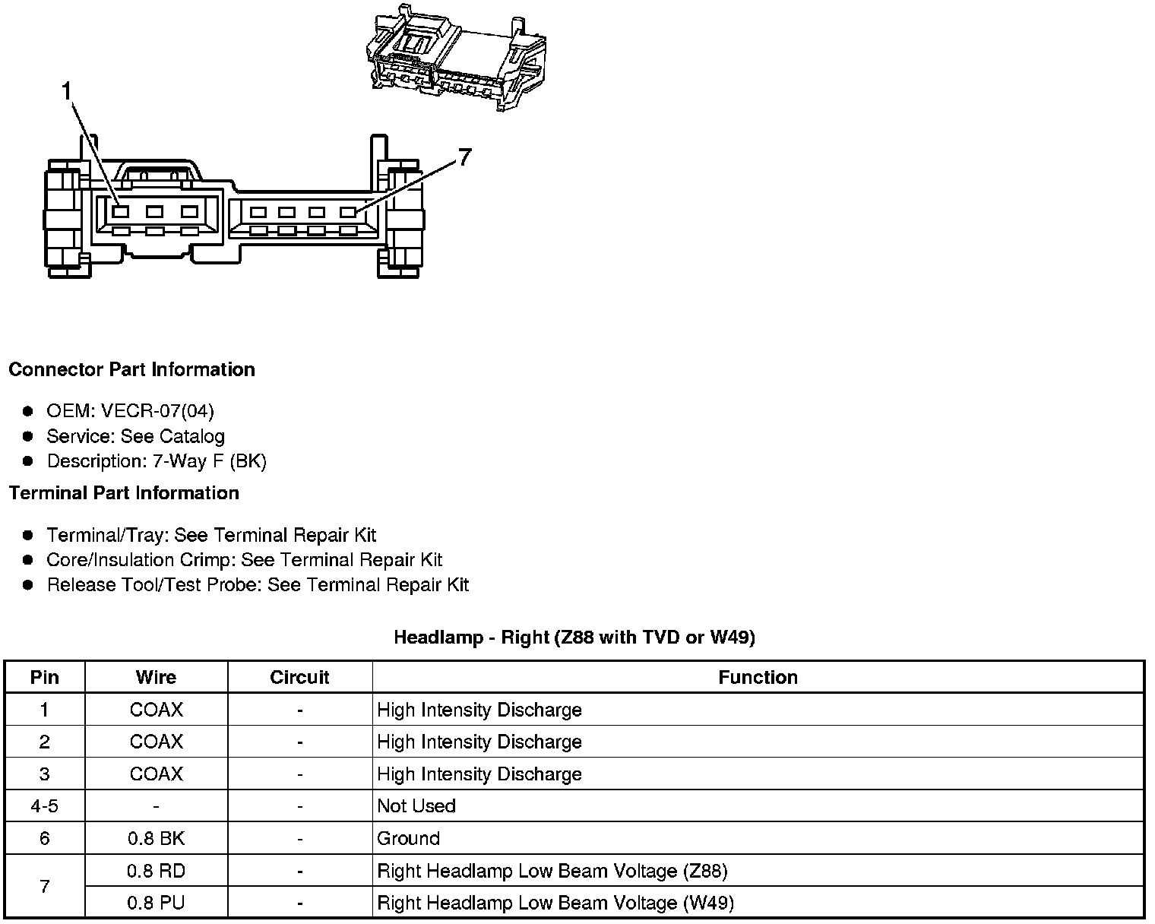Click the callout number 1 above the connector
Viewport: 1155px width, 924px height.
point(67,92)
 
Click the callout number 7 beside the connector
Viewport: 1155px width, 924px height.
point(464,157)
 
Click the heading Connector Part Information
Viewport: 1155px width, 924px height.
point(131,369)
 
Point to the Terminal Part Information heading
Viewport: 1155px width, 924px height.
point(124,493)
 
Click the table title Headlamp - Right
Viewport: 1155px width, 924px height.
point(574,637)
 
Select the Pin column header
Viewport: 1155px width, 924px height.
point(45,677)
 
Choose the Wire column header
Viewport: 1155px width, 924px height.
point(156,677)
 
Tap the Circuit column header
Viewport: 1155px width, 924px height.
point(299,677)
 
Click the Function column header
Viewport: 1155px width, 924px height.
point(758,677)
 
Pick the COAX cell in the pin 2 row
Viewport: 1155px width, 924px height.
point(156,742)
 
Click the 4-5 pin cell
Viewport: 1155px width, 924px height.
point(45,806)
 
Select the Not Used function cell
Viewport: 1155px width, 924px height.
point(416,806)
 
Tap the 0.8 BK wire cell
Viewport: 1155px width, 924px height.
point(156,838)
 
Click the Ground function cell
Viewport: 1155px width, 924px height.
point(408,838)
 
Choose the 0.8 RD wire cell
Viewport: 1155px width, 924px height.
point(156,871)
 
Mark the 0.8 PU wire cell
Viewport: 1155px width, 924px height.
point(156,903)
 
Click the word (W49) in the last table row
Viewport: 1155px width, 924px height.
point(708,903)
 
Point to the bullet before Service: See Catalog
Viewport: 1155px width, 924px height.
point(28,436)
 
